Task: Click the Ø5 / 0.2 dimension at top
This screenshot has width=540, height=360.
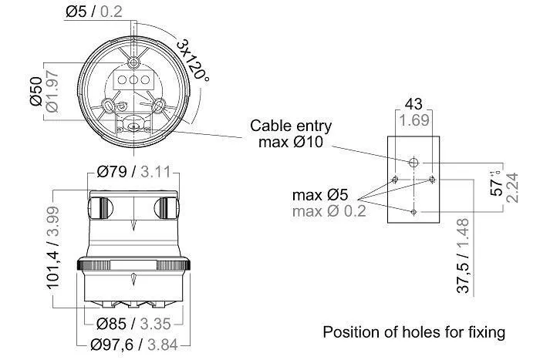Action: click(94, 12)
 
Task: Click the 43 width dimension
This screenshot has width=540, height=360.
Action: click(413, 104)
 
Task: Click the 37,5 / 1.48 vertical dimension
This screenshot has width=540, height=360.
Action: click(464, 255)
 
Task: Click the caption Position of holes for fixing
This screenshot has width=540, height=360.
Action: click(413, 333)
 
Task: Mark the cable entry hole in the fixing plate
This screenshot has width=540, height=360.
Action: click(414, 163)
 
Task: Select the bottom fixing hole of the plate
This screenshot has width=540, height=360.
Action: click(414, 211)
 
